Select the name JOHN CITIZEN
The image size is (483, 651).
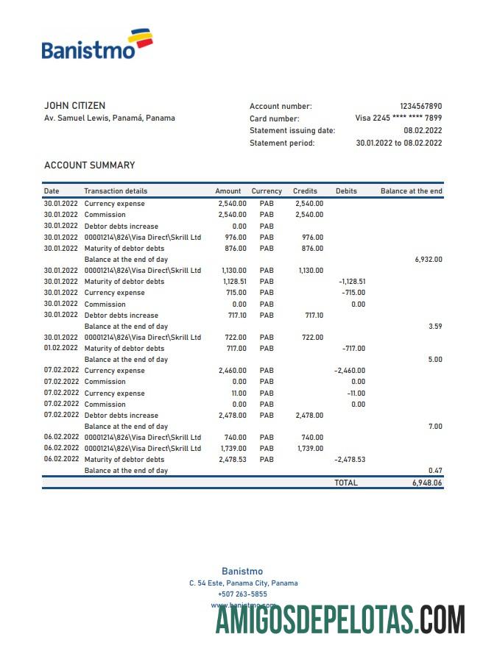click(x=74, y=106)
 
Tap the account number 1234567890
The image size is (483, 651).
click(x=420, y=107)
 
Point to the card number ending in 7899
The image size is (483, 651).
click(x=398, y=118)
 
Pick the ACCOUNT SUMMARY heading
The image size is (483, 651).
click(x=89, y=166)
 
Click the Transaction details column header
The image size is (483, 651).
click(x=116, y=191)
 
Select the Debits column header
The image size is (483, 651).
click(x=346, y=191)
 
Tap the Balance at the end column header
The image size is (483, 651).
click(x=411, y=191)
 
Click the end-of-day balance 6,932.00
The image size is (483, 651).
click(x=429, y=260)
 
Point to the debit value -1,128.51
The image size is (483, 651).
click(x=352, y=282)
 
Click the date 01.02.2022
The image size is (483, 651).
click(x=60, y=349)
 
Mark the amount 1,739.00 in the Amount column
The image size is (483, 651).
click(x=233, y=448)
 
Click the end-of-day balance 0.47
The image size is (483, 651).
click(x=434, y=470)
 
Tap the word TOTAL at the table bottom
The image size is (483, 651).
click(x=345, y=483)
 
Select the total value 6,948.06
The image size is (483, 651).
click(x=428, y=483)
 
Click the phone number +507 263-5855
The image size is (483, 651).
click(x=243, y=594)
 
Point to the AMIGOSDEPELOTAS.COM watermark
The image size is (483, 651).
click(x=340, y=619)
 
